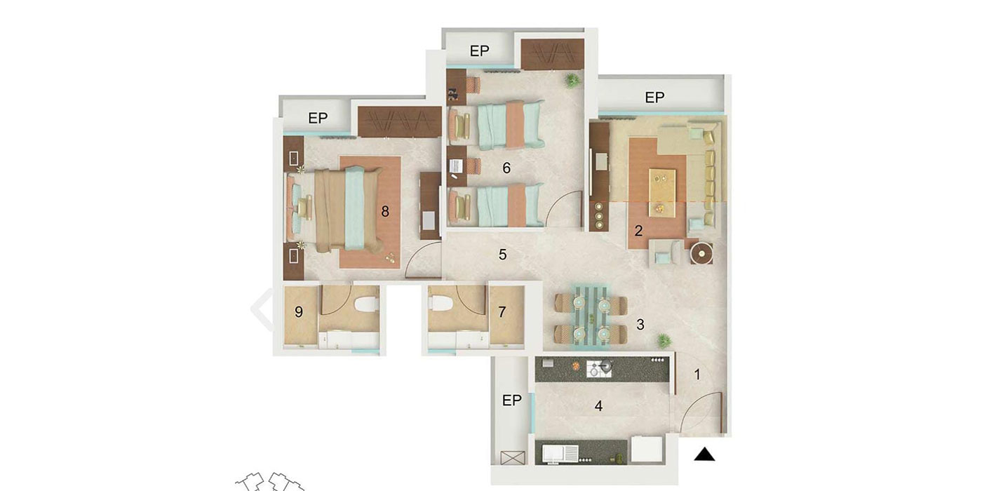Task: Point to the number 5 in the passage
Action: pyautogui.click(x=502, y=255)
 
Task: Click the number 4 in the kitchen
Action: pyautogui.click(x=598, y=405)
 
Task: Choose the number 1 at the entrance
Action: pyautogui.click(x=697, y=375)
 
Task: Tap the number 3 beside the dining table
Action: pyautogui.click(x=640, y=324)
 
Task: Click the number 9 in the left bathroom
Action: pyautogui.click(x=299, y=312)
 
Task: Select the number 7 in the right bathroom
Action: pyautogui.click(x=502, y=312)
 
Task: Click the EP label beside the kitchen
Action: pyautogui.click(x=512, y=401)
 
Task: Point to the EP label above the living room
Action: pyautogui.click(x=654, y=97)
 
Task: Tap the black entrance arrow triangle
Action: pyautogui.click(x=704, y=455)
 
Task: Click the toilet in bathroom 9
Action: pyautogui.click(x=366, y=304)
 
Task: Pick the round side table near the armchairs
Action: pyautogui.click(x=701, y=253)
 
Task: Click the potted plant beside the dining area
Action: pyautogui.click(x=664, y=341)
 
